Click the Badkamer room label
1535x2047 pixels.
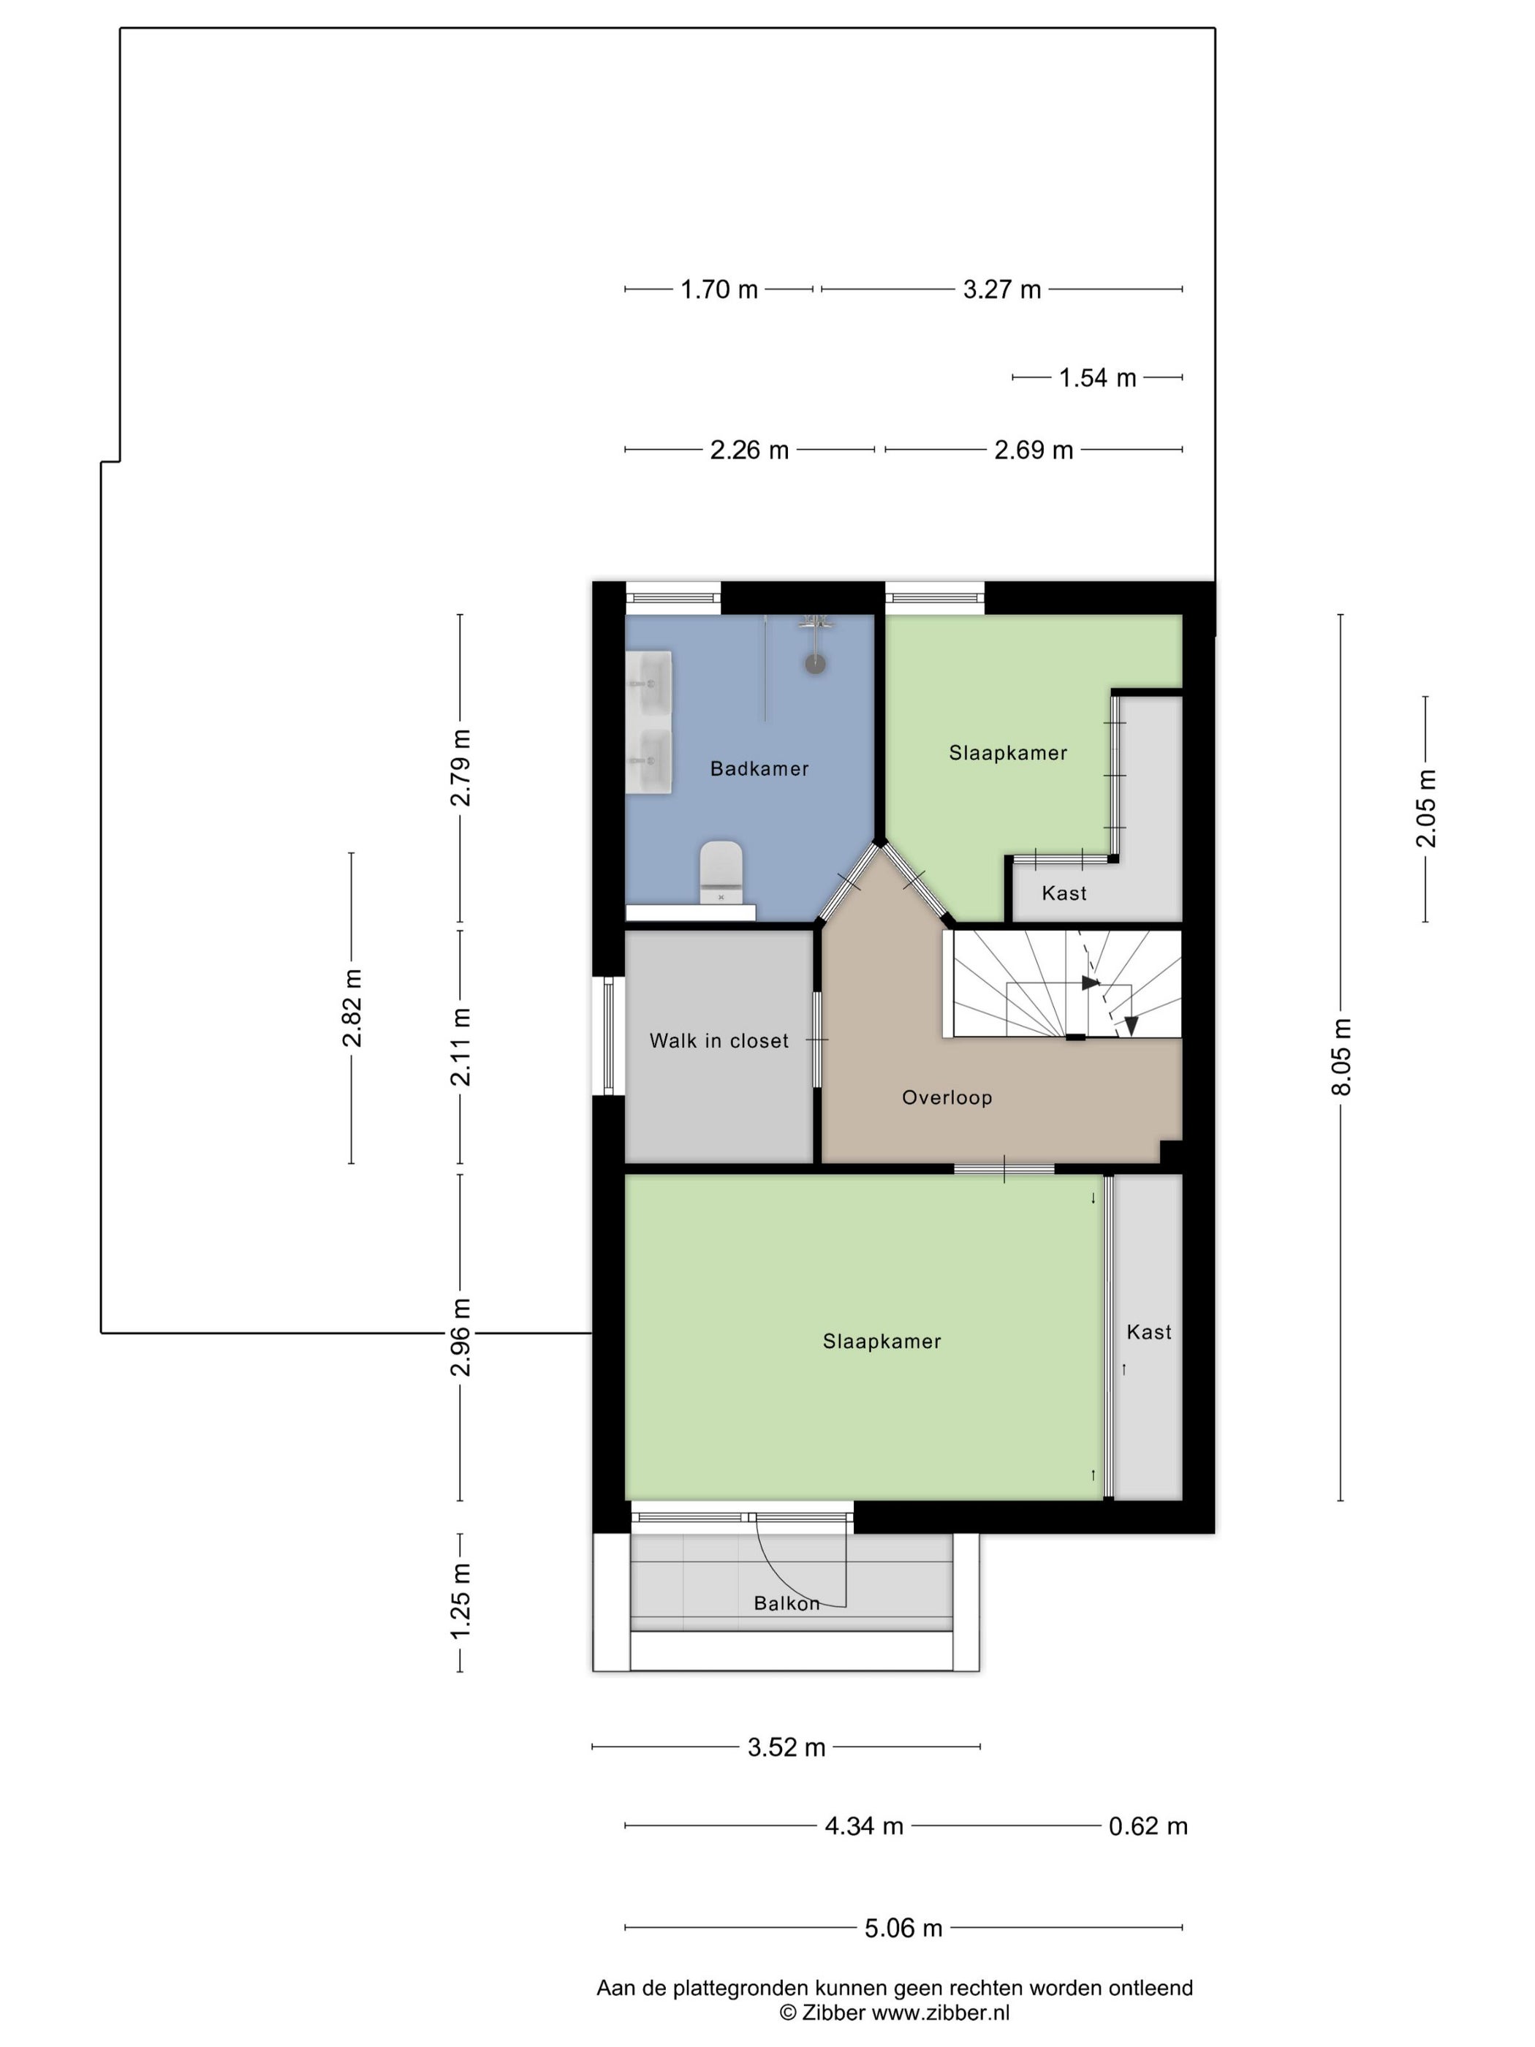click(x=759, y=768)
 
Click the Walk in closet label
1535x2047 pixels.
click(x=719, y=1041)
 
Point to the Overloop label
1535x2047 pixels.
click(x=947, y=1097)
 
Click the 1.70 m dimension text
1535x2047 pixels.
click(x=719, y=290)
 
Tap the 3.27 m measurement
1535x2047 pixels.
click(x=1002, y=290)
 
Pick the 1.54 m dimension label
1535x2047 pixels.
click(x=1097, y=377)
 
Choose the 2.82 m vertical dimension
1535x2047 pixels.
click(x=352, y=1007)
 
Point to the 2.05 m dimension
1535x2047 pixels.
click(x=1426, y=808)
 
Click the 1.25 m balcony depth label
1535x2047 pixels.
click(x=460, y=1601)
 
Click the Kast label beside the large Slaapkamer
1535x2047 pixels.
click(x=1148, y=1332)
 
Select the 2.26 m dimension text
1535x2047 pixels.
click(x=749, y=450)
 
